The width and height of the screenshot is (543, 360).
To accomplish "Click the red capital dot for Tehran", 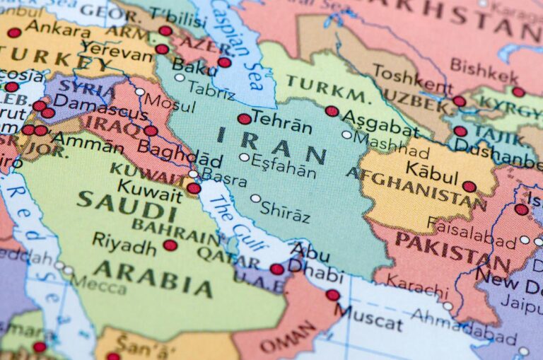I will tap(244, 119).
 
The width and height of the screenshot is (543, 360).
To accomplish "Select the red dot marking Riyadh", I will tap(170, 245).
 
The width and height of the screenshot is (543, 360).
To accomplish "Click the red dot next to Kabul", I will tap(469, 187).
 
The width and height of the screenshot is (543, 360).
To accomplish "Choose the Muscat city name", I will tap(368, 315).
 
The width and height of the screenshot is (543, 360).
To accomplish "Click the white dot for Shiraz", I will tap(255, 199).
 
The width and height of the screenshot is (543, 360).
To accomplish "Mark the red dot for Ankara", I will tap(14, 33).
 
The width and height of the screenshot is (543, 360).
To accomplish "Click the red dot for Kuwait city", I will tap(193, 188).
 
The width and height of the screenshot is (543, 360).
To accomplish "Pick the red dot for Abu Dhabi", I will tap(276, 269).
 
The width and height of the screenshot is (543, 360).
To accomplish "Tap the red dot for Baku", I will tap(224, 62).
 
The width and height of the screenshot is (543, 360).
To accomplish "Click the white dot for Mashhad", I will tap(346, 134).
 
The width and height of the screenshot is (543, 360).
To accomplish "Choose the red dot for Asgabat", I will tap(332, 111).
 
